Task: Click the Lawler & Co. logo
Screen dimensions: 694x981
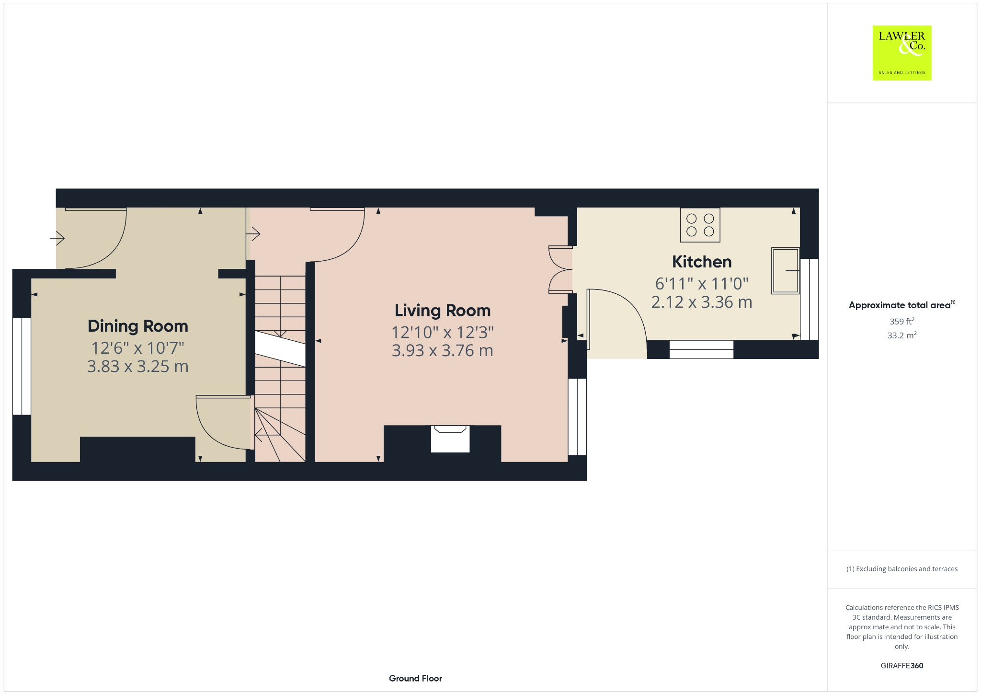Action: point(901,53)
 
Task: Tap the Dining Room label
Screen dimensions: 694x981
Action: point(138,326)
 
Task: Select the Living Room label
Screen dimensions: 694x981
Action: point(443,311)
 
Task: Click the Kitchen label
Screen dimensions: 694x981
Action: point(702,262)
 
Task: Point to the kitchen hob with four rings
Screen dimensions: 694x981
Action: point(700,225)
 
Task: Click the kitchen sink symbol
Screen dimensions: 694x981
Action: point(785,270)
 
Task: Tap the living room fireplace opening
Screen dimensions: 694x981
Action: point(450,439)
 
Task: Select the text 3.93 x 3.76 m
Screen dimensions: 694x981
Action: point(443,351)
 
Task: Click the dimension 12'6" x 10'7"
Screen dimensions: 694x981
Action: point(138,347)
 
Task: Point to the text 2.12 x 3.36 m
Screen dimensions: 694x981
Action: point(702,302)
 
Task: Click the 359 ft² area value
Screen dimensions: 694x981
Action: point(902,321)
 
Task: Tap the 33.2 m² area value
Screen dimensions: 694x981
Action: point(902,335)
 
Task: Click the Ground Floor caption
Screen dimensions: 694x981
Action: point(415,678)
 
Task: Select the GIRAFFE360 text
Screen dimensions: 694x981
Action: point(902,665)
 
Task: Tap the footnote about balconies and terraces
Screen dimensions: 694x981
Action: point(902,569)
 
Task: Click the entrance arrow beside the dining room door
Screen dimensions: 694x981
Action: point(57,237)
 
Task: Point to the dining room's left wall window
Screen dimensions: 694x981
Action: point(22,366)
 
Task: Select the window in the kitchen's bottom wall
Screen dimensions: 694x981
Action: point(701,349)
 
